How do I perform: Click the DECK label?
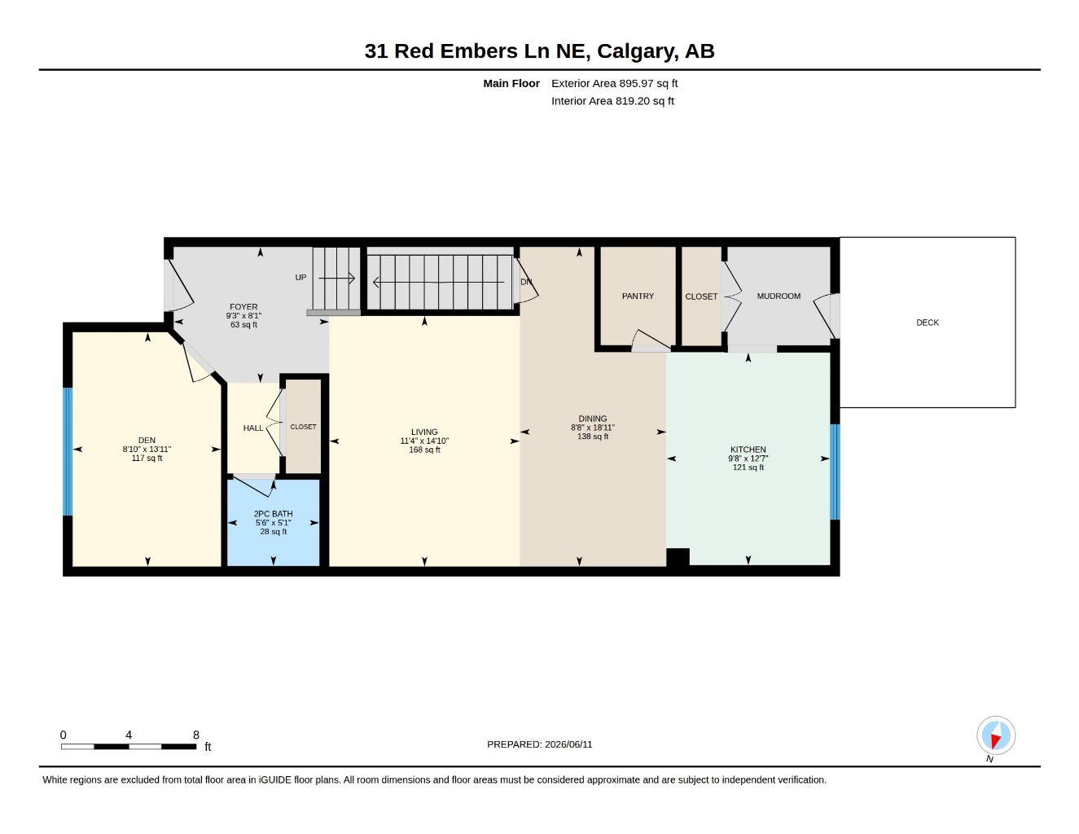927,323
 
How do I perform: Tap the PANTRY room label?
638,296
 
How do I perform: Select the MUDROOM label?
778,296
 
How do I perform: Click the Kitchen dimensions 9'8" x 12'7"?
748,459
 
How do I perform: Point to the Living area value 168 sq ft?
424,450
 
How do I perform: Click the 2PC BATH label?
273,514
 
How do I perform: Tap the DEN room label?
147,441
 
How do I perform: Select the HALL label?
252,428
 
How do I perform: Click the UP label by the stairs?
301,278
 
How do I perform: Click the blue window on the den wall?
68,452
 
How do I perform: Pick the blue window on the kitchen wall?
835,472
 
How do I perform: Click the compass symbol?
996,735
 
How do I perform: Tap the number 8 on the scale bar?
196,735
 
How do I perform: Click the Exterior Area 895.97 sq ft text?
614,83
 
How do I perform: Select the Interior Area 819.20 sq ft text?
612,101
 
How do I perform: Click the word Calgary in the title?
637,51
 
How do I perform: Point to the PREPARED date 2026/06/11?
568,744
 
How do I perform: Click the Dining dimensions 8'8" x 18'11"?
592,428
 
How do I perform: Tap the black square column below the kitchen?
678,557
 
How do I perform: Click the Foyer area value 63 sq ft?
243,325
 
